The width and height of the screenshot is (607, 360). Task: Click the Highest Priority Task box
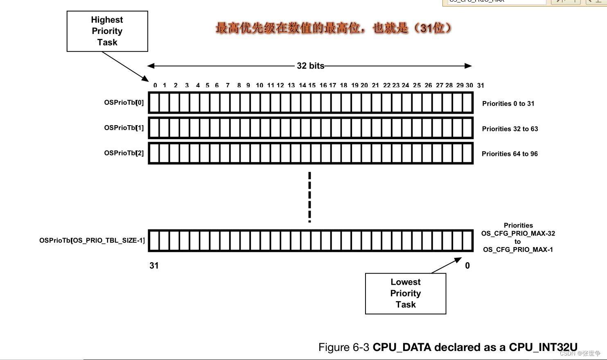pos(107,31)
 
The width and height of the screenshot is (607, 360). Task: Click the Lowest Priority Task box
pos(405,293)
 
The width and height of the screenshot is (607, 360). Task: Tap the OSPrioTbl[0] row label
pos(124,102)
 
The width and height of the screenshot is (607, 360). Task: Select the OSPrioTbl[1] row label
pos(124,128)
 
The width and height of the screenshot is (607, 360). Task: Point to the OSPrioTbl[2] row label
pos(124,153)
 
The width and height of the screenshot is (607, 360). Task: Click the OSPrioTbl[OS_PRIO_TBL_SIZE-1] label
pos(92,240)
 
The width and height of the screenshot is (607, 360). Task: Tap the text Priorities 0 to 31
pos(508,103)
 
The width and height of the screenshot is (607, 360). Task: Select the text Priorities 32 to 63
pos(510,129)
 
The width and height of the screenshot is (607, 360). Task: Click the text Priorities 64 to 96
pos(510,154)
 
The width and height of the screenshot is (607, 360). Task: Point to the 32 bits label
pos(310,66)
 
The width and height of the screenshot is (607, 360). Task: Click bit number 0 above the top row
pos(155,85)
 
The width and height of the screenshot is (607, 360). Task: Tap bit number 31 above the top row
pos(481,85)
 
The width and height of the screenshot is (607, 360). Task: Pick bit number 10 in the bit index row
pos(259,85)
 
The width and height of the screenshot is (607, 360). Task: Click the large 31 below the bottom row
pos(154,265)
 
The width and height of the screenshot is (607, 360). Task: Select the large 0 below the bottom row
pos(467,265)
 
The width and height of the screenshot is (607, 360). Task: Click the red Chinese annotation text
pos(333,28)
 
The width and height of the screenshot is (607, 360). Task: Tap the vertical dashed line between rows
pos(309,197)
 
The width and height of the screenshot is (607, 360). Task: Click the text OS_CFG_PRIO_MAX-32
pos(518,234)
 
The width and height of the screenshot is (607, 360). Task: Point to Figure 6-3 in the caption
pos(344,347)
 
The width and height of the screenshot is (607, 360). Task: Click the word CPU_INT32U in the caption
pos(543,347)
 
